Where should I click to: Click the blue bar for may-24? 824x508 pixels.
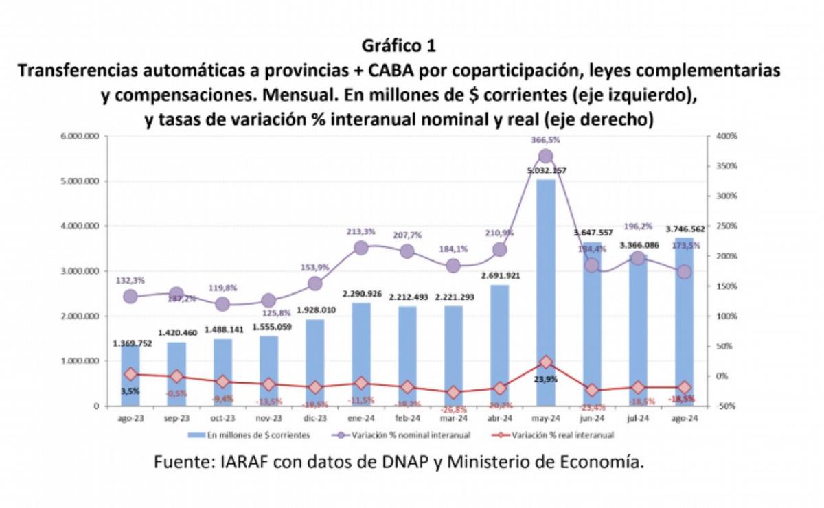click(x=545, y=295)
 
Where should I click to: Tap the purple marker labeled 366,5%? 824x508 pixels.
click(x=545, y=156)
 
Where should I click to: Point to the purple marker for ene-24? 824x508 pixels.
click(x=361, y=248)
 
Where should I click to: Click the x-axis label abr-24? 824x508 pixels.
click(x=499, y=417)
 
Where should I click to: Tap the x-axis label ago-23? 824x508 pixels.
click(x=130, y=417)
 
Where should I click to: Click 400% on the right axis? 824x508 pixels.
click(x=726, y=136)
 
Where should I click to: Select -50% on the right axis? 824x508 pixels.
click(x=726, y=406)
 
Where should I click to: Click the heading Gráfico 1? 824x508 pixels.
click(x=398, y=46)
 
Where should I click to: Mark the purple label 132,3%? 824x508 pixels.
click(x=130, y=280)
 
